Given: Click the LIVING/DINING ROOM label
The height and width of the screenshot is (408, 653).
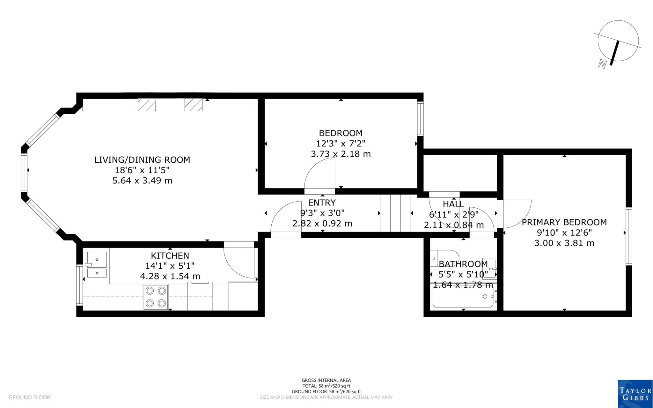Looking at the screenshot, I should point(142,159).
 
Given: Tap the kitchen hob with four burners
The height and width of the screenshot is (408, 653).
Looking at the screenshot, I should point(156,297).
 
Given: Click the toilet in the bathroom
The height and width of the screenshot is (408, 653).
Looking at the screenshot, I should point(444,258).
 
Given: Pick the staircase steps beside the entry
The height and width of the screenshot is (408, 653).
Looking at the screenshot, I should point(395,213).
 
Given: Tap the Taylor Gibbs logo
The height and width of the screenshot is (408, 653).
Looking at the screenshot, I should point(635,394).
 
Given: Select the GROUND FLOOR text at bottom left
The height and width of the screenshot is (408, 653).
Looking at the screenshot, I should point(29,397).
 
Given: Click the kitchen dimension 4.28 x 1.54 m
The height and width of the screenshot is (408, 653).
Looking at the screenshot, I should point(170,276).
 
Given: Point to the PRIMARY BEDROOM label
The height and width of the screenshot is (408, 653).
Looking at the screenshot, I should point(564,222).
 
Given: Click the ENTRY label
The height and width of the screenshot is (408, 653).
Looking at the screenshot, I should point(322,203).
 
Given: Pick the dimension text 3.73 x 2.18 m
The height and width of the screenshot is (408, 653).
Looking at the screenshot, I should point(341,154).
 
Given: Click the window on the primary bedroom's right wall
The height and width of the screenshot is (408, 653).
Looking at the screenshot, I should point(628,236).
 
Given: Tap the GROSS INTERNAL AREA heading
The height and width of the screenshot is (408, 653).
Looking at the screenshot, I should point(326,380).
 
